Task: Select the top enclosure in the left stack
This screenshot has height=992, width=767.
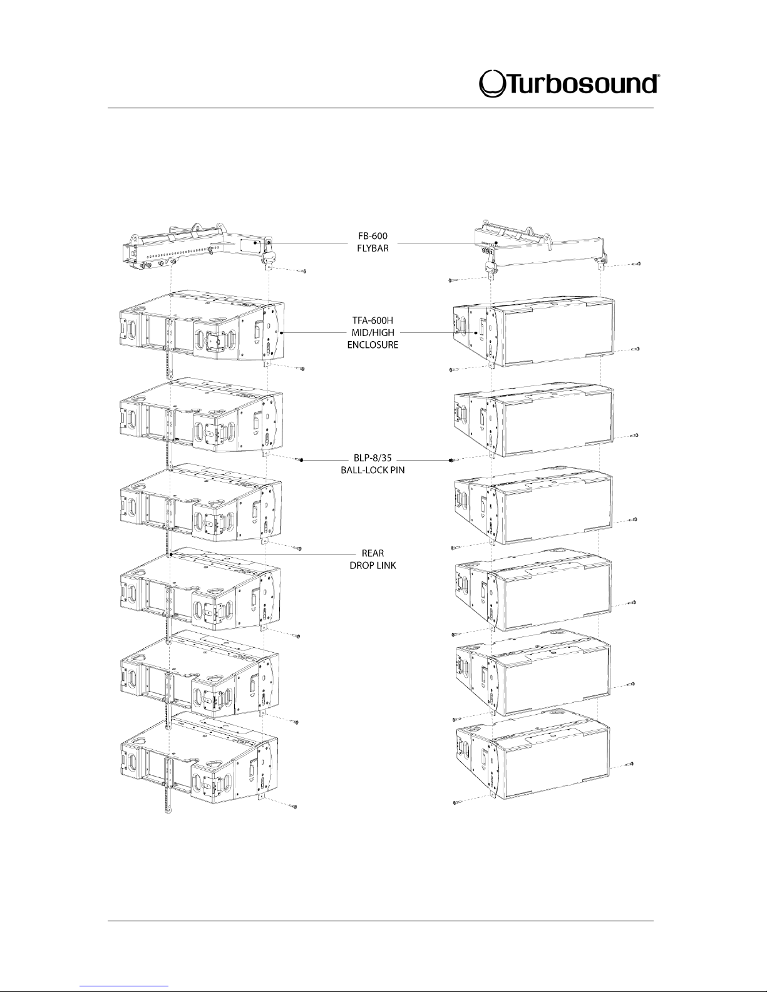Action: [x=200, y=329]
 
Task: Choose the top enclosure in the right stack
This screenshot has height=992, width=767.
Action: [x=532, y=332]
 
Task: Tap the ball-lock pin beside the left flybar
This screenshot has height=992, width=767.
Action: [x=301, y=271]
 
